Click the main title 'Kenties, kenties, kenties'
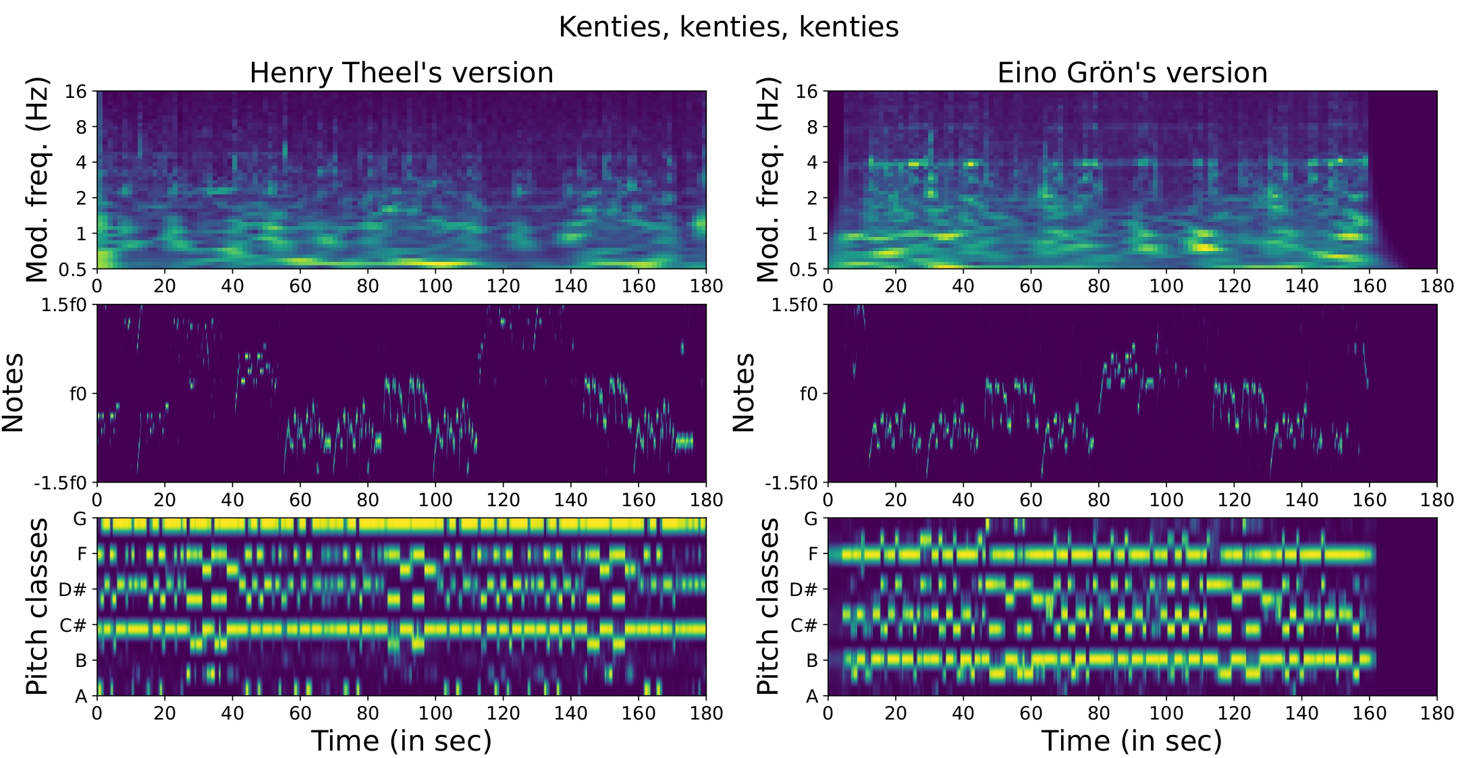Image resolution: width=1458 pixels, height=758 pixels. click(x=728, y=27)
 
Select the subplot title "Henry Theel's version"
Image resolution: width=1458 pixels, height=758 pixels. click(x=402, y=73)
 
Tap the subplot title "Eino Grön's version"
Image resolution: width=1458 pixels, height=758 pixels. click(x=1132, y=73)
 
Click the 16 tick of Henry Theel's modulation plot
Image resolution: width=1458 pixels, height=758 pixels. click(x=76, y=91)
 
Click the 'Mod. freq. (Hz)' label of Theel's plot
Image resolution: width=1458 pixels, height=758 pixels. click(x=38, y=180)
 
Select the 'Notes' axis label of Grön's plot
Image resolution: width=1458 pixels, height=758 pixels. click(x=743, y=393)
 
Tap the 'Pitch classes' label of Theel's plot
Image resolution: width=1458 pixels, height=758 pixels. click(x=38, y=606)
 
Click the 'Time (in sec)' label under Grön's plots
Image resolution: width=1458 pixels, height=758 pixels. click(x=1132, y=741)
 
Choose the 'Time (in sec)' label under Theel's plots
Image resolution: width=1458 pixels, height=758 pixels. click(x=402, y=741)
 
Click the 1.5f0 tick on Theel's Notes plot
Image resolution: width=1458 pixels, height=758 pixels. click(x=65, y=305)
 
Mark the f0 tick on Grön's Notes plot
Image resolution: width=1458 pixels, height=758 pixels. click(x=808, y=394)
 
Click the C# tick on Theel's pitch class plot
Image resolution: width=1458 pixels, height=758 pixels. click(x=73, y=626)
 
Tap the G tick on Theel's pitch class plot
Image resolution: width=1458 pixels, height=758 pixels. click(x=80, y=519)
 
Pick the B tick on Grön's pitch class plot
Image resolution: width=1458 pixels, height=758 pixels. click(x=811, y=661)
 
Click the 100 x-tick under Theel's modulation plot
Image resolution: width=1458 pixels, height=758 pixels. click(x=435, y=286)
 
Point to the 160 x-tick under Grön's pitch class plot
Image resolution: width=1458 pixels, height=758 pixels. click(x=1370, y=713)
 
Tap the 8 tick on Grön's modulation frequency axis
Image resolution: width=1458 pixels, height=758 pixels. click(x=812, y=127)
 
